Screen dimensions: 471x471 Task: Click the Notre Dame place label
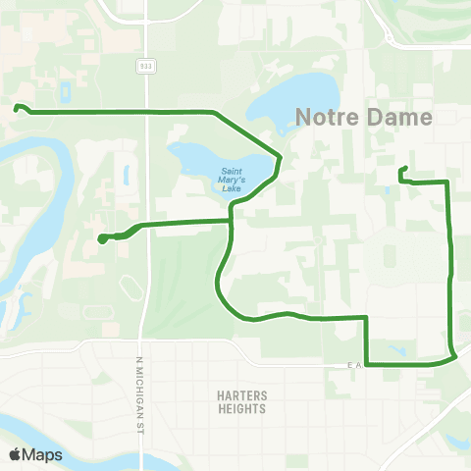364,118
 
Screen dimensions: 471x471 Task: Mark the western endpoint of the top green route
17,108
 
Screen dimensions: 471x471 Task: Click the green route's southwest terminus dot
102,237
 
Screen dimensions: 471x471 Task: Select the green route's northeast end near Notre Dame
402,171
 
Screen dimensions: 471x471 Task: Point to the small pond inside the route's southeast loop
397,350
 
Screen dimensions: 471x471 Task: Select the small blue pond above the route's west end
65,92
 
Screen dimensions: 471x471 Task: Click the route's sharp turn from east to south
367,318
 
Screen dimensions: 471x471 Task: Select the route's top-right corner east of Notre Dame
447,183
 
